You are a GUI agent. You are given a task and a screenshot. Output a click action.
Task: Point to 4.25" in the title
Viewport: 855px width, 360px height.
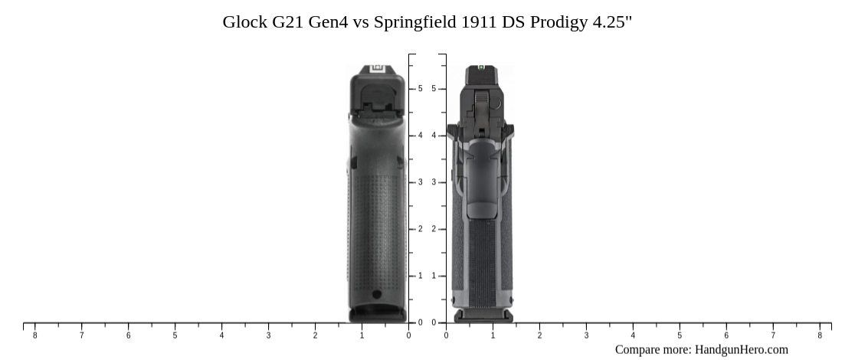[x=612, y=22]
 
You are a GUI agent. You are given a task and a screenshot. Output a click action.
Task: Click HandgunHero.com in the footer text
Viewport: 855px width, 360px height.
[x=741, y=349]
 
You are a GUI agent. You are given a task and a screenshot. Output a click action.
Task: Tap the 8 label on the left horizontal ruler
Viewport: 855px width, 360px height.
[x=34, y=335]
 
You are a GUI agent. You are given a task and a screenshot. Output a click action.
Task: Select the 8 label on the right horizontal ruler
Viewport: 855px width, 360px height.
[x=820, y=335]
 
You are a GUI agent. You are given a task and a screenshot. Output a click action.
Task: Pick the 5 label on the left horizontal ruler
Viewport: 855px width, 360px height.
[x=175, y=335]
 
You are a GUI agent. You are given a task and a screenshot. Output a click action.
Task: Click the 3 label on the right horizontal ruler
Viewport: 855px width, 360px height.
[x=586, y=335]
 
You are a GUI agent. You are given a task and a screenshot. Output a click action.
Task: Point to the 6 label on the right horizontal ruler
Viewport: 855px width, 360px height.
[x=726, y=335]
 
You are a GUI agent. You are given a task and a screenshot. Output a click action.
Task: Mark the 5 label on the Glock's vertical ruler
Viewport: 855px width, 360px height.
[x=420, y=89]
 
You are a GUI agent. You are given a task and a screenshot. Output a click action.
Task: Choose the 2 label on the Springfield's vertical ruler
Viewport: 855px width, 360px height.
[x=434, y=229]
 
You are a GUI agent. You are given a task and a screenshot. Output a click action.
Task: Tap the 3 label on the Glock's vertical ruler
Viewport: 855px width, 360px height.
[x=420, y=182]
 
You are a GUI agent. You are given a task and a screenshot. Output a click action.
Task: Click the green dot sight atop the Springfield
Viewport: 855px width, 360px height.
[x=481, y=67]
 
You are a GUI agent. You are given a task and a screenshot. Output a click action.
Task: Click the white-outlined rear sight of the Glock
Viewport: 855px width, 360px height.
[x=377, y=69]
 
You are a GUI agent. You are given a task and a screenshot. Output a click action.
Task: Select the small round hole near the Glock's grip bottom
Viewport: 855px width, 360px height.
[x=376, y=294]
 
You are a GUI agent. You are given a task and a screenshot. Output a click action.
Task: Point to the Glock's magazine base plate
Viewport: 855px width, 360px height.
[x=378, y=314]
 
